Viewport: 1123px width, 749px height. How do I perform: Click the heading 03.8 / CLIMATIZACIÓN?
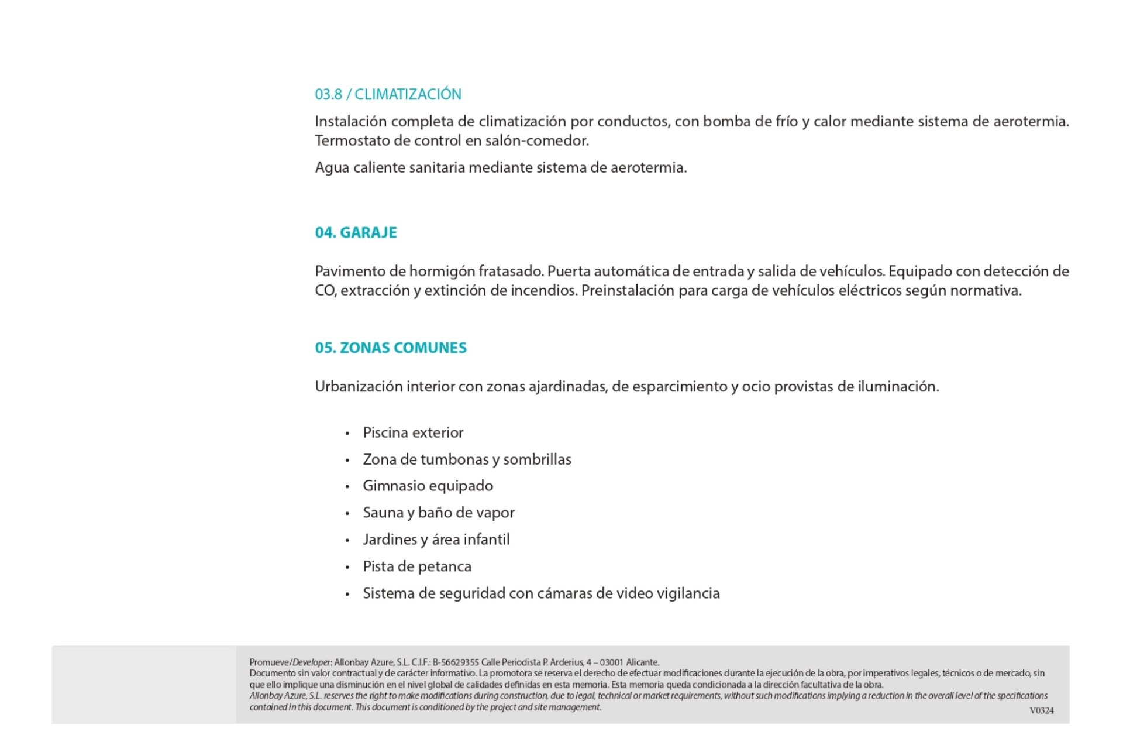click(388, 94)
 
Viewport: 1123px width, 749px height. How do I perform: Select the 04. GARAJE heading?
click(356, 232)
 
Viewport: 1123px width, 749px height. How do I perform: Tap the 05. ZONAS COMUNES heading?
click(391, 348)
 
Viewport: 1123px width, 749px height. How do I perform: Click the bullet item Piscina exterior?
click(413, 432)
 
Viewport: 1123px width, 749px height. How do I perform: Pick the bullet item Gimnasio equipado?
click(428, 486)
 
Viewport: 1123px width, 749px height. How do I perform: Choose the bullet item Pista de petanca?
click(417, 566)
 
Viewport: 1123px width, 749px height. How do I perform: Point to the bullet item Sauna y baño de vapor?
click(439, 513)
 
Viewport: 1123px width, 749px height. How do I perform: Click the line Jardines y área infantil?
click(436, 540)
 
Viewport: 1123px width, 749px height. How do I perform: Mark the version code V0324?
click(1042, 710)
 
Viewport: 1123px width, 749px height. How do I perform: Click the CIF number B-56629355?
click(456, 662)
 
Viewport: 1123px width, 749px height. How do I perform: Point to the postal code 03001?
click(612, 662)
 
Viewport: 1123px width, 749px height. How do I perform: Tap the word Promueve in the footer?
click(269, 662)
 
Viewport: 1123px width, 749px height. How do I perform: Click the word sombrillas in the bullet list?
click(537, 459)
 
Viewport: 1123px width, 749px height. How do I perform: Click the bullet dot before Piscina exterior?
click(347, 434)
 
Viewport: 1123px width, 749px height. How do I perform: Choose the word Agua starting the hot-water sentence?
click(332, 167)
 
